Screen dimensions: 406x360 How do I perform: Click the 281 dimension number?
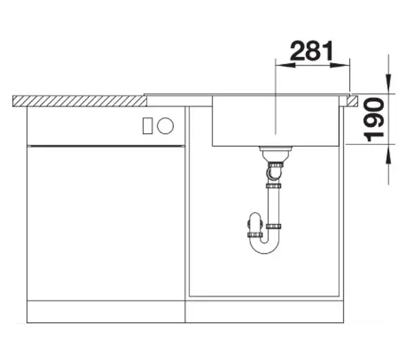(312, 51)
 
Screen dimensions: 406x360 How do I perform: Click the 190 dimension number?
(374, 120)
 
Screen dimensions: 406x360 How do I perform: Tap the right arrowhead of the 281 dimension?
(340, 65)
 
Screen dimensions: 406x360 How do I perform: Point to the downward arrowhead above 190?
(388, 83)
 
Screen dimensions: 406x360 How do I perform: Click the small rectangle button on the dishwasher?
(148, 126)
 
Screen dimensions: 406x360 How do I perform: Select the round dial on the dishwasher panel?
(165, 126)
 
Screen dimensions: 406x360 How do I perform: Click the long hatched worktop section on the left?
(80, 101)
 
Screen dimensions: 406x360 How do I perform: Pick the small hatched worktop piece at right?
(353, 101)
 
